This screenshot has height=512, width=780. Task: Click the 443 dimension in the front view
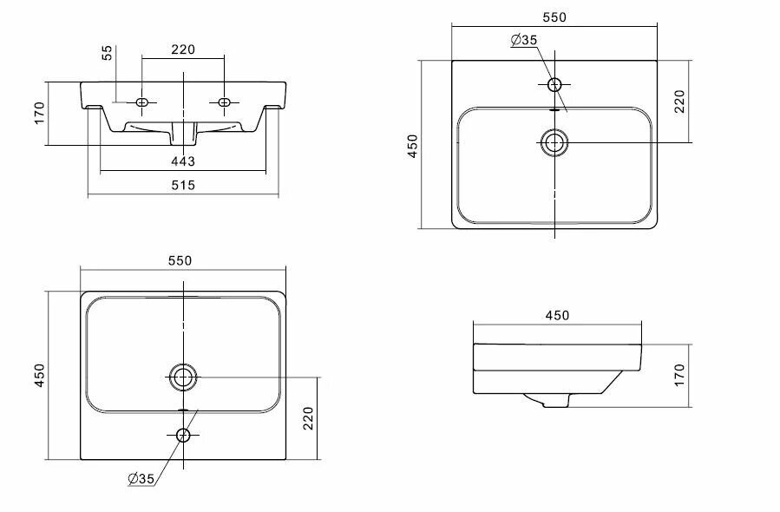click(183, 161)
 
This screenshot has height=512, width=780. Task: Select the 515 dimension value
click(183, 185)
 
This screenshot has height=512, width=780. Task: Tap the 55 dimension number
click(108, 54)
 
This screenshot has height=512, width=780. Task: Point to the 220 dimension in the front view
click(183, 49)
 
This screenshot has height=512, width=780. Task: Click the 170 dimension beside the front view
click(39, 113)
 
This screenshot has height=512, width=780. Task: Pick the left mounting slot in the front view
click(144, 102)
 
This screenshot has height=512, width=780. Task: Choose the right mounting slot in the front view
click(224, 102)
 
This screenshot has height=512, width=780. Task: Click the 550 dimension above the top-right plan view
click(554, 17)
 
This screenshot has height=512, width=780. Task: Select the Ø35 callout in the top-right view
click(524, 40)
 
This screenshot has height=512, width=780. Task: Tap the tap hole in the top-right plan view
click(555, 84)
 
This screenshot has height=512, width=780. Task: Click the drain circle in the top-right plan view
click(554, 142)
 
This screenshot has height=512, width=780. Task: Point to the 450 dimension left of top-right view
click(413, 145)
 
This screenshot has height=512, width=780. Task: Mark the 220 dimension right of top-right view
click(679, 102)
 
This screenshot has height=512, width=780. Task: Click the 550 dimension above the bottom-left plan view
click(180, 260)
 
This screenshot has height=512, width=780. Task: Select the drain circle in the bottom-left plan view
click(183, 377)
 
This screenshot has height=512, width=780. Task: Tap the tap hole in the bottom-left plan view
click(183, 435)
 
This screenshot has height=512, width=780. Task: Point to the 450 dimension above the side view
click(558, 315)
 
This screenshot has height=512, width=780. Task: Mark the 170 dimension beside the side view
click(679, 374)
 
